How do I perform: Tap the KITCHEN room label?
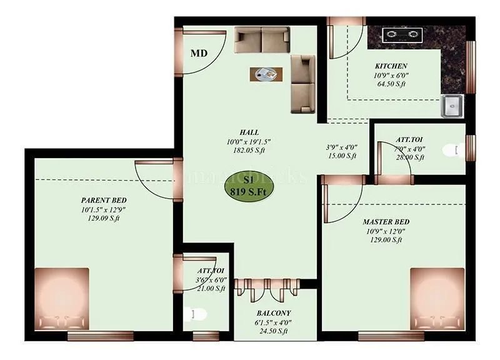(x=391, y=66)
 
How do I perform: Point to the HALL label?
(x=249, y=132)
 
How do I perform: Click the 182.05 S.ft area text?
(x=249, y=151)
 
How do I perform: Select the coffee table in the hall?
(x=266, y=74)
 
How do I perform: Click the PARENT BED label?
(x=103, y=200)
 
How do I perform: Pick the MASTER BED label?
(x=386, y=222)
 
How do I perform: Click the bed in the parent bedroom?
(x=61, y=299)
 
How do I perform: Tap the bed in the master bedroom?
(x=437, y=299)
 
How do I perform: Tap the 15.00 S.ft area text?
(x=341, y=156)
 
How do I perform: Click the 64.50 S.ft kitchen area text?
(x=391, y=84)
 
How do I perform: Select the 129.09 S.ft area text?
(x=103, y=219)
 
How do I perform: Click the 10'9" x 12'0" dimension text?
(x=386, y=231)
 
